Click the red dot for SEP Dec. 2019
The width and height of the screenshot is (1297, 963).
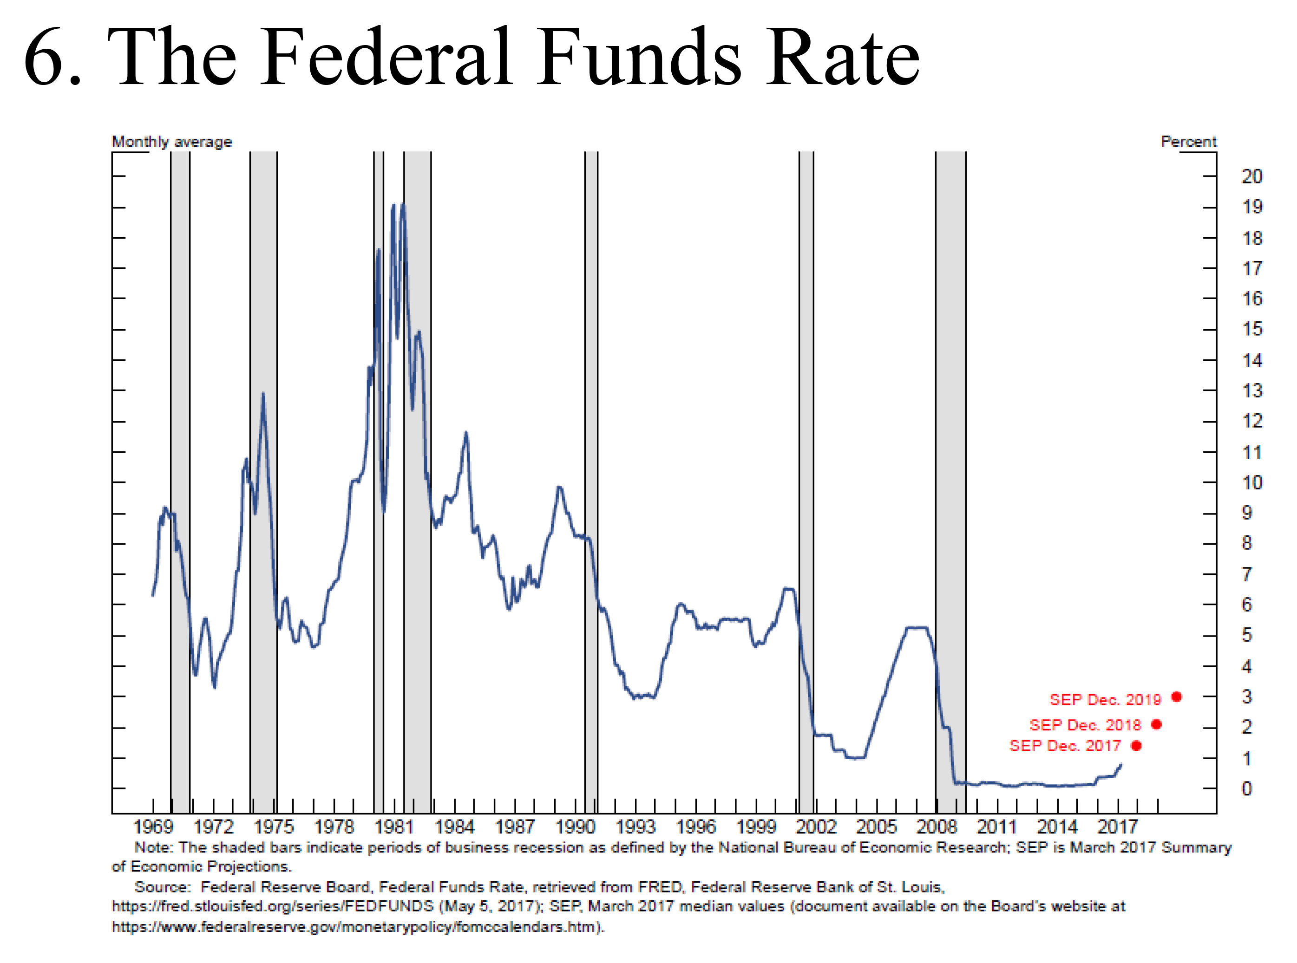[x=1176, y=696]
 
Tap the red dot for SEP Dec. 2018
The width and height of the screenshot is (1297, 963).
[x=1156, y=724]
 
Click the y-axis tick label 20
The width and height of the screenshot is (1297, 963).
[x=1251, y=176]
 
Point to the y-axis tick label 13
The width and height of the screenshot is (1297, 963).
[x=1251, y=390]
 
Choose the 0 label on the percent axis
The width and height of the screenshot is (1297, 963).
[x=1247, y=789]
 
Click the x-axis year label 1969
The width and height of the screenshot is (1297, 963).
[x=153, y=826]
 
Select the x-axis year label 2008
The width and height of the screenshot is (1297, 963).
[x=937, y=826]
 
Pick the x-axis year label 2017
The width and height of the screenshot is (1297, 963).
[x=1117, y=826]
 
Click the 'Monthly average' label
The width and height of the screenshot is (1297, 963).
[x=171, y=142]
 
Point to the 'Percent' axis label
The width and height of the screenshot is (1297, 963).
[x=1188, y=142]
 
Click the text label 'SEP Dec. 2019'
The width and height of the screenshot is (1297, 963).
[x=1105, y=700]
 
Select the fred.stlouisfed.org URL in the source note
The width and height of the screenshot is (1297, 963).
[x=272, y=906]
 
